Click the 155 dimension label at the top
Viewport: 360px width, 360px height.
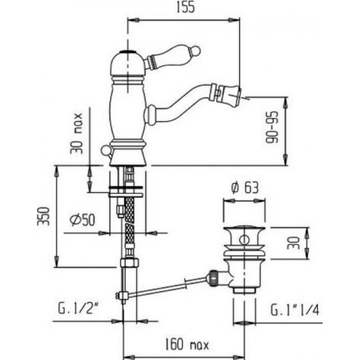[185, 7]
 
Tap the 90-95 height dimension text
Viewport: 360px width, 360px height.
[272, 127]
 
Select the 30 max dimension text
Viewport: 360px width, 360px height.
[76, 133]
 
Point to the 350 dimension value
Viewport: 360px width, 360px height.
[44, 216]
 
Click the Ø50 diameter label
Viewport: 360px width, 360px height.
[82, 220]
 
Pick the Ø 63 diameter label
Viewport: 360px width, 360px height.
[245, 188]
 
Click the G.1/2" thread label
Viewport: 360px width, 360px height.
[78, 308]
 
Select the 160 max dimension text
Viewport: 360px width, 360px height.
[187, 344]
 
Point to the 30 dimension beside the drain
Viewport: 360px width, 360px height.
[294, 243]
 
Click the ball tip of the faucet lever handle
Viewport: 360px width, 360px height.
[196, 50]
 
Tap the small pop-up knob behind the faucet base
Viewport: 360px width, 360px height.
[106, 150]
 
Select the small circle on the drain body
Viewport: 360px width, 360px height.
[244, 240]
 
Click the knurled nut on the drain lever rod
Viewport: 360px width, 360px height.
[213, 278]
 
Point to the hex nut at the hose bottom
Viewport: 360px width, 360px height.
[130, 262]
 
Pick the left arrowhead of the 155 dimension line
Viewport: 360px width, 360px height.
[134, 20]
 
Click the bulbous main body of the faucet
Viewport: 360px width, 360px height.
[127, 110]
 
